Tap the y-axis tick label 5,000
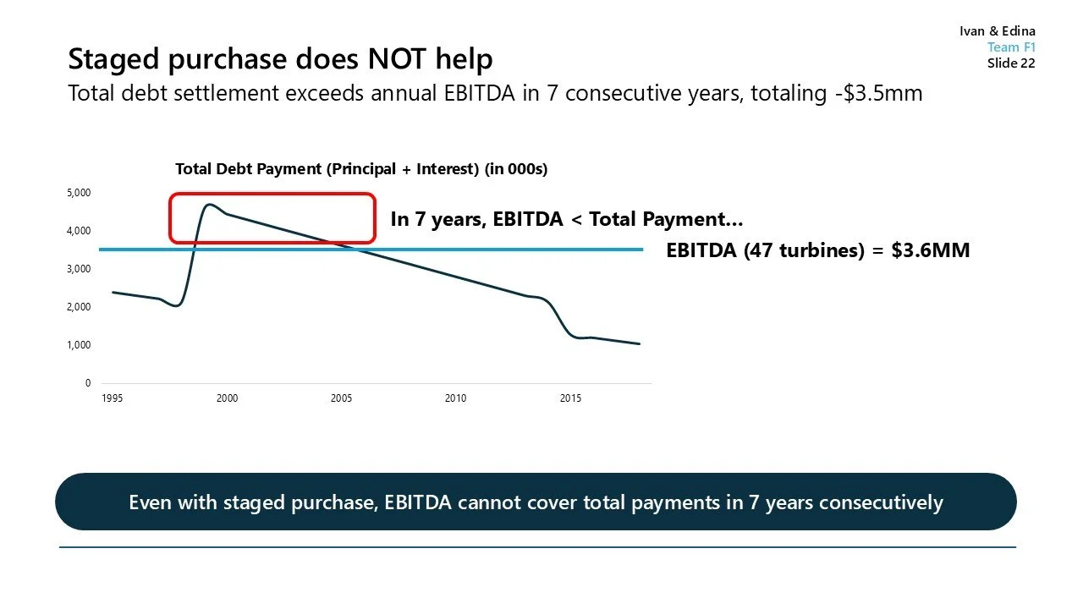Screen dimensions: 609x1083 [79, 193]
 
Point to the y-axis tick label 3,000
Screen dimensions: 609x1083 [79, 269]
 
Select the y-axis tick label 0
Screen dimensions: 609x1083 [87, 383]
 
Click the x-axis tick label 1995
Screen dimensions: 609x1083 [113, 398]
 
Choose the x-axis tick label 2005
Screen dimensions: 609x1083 [341, 398]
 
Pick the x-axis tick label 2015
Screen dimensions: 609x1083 [570, 398]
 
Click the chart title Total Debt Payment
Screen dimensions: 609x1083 [361, 169]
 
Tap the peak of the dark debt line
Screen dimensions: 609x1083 [208, 204]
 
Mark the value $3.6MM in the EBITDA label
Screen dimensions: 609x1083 [930, 250]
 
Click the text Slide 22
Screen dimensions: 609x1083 [1010, 63]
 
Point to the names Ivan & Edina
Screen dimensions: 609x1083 [997, 31]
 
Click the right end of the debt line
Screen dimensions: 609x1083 [639, 343]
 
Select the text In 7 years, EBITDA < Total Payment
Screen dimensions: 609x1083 [566, 220]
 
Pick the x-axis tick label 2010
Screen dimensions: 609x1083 [455, 398]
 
